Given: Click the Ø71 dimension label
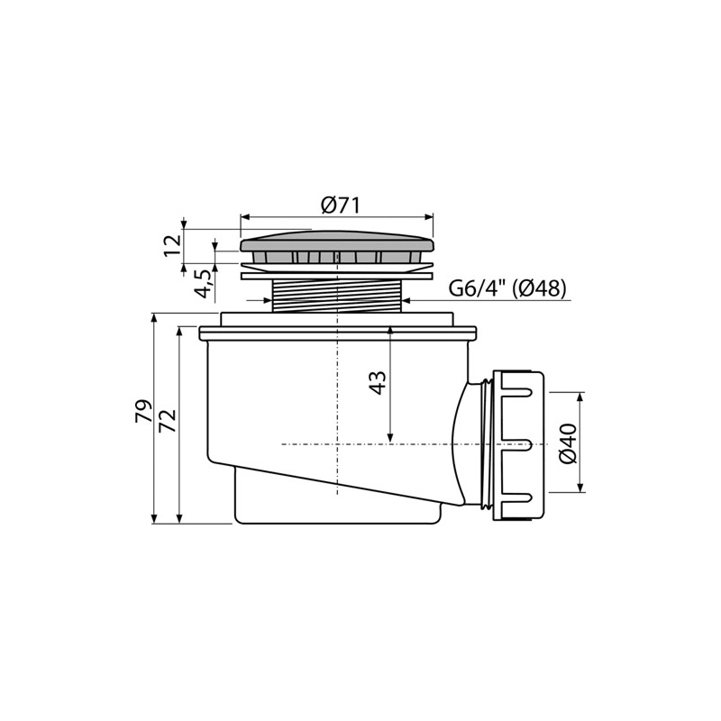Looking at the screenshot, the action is click(341, 205).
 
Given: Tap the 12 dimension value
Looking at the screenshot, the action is click(172, 246).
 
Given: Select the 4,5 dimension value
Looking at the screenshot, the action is click(204, 284).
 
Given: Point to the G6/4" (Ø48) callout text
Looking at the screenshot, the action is click(507, 288).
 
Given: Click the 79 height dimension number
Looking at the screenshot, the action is click(143, 411).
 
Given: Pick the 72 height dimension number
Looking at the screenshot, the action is click(168, 420).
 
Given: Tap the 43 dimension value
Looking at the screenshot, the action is click(378, 382).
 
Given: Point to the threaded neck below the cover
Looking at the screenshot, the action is click(337, 296).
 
